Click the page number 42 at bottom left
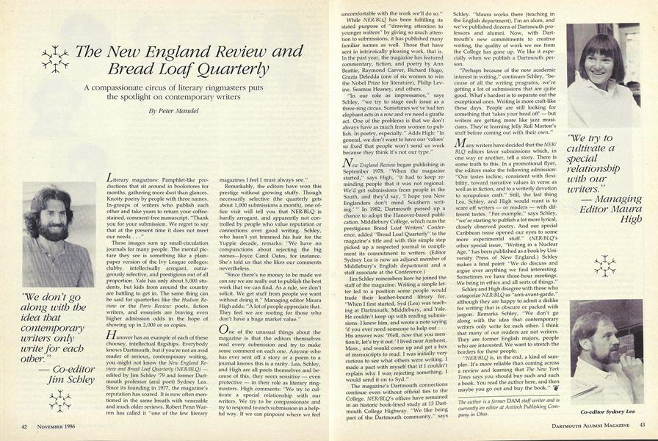coord(25,425)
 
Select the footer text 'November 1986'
coord(62,425)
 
